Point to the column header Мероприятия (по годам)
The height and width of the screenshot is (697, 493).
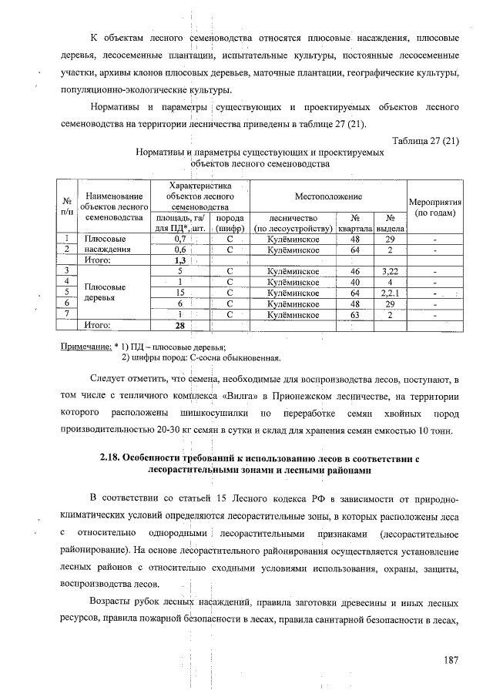(434, 205)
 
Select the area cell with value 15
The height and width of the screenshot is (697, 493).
(179, 293)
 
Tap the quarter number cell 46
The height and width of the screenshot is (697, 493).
(355, 271)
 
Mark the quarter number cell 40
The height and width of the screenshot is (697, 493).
(355, 282)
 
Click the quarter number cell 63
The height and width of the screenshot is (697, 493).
(355, 314)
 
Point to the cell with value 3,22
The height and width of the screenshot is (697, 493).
(391, 271)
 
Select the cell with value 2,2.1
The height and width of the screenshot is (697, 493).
(391, 293)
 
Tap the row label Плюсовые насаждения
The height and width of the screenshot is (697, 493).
(106, 245)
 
